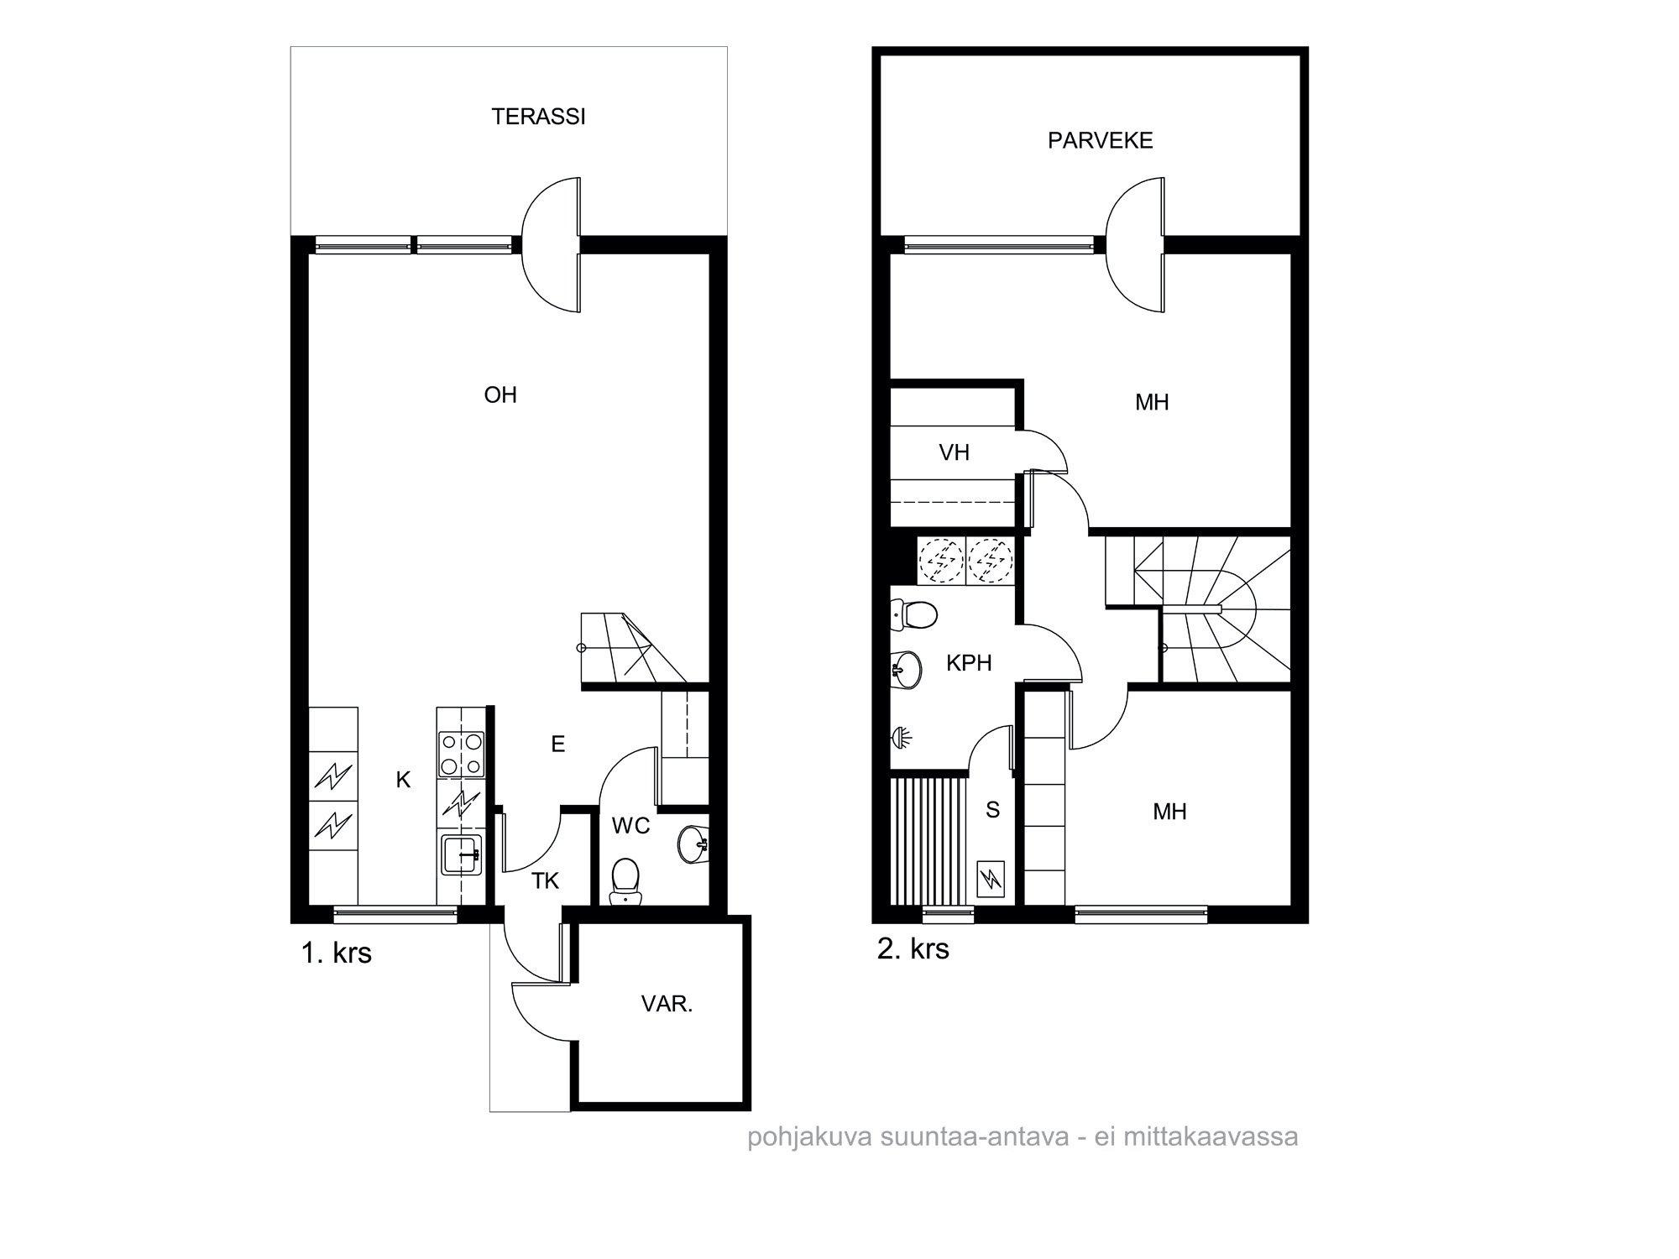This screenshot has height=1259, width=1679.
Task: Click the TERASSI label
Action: (x=538, y=117)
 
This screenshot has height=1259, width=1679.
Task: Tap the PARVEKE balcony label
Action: (x=1100, y=140)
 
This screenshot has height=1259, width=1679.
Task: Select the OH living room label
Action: (x=500, y=395)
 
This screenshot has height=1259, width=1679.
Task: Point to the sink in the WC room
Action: (x=693, y=844)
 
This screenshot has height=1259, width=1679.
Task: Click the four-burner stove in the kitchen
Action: (x=462, y=754)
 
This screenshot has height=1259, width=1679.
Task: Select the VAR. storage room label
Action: (x=667, y=1004)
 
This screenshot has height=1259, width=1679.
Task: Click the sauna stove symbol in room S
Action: (x=992, y=880)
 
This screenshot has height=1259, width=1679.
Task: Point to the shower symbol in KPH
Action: (x=901, y=737)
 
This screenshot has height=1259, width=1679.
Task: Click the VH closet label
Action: (x=954, y=453)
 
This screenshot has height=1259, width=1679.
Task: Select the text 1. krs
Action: (x=336, y=953)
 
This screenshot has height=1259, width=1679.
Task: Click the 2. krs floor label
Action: (x=913, y=948)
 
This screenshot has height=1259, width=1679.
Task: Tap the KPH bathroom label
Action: (x=969, y=663)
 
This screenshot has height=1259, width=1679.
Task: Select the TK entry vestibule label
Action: (x=545, y=880)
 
